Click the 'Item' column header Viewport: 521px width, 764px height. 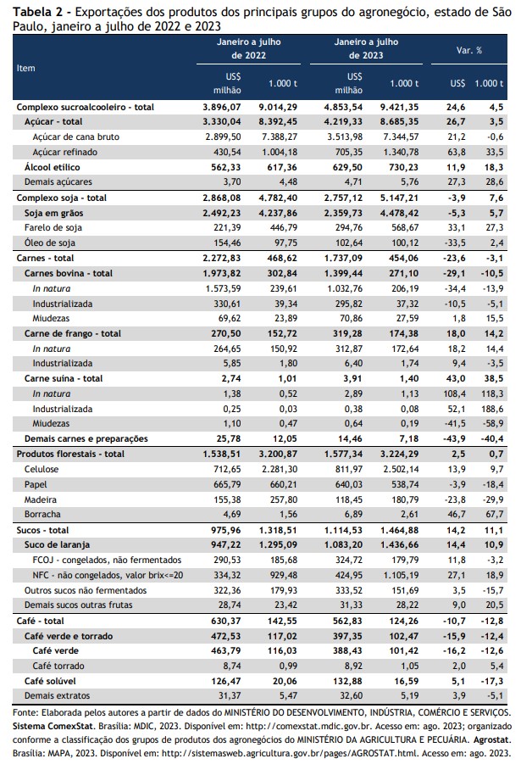pyautogui.click(x=25, y=68)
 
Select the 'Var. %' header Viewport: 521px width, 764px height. pyautogui.click(x=469, y=50)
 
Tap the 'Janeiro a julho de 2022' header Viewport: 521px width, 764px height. pyautogui.click(x=248, y=48)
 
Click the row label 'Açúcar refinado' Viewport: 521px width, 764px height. pyautogui.click(x=64, y=152)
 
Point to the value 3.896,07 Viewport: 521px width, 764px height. pyautogui.click(x=222, y=107)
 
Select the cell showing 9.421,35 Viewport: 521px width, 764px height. pyautogui.click(x=399, y=107)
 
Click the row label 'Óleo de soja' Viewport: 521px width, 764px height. pyautogui.click(x=50, y=243)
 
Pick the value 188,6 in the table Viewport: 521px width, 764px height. pyautogui.click(x=492, y=409)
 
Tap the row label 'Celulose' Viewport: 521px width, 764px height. pyautogui.click(x=42, y=469)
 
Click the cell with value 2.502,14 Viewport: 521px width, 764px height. pyautogui.click(x=401, y=469)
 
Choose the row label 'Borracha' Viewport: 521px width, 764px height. pyautogui.click(x=42, y=514)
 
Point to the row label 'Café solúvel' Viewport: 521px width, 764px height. pyautogui.click(x=50, y=681)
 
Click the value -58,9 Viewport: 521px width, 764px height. pyautogui.click(x=492, y=423)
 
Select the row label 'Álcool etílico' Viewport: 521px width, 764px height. pyautogui.click(x=53, y=167)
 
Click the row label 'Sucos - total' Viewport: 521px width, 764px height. pyautogui.click(x=43, y=530)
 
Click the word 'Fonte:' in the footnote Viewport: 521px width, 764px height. pyautogui.click(x=25, y=712)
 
